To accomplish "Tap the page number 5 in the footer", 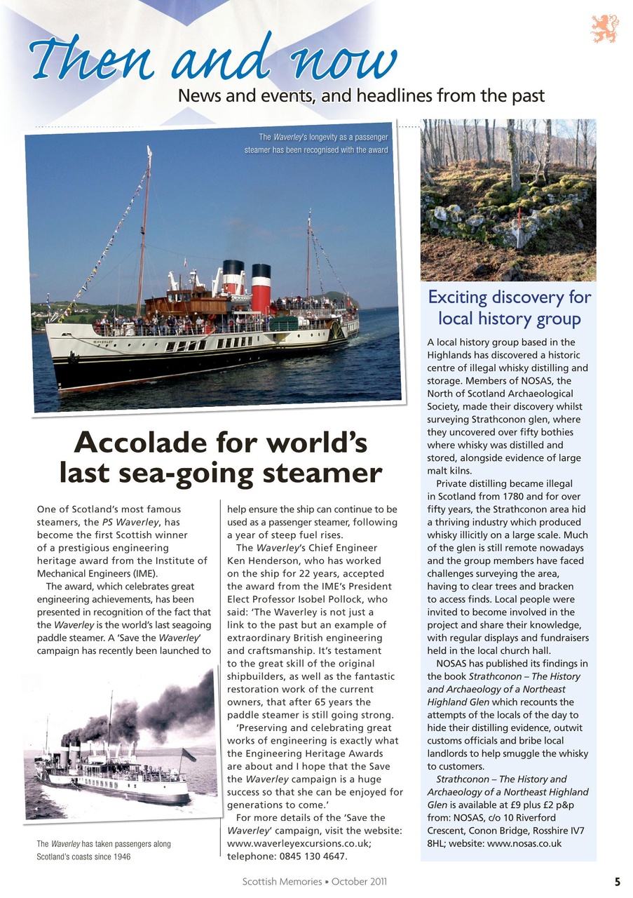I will pos(617,882).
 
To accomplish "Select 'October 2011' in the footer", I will pos(359,882).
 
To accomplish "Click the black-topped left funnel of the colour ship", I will pos(233,278).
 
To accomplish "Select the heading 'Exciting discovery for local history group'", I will pos(510,308).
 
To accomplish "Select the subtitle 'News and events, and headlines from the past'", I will pos(361,95).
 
